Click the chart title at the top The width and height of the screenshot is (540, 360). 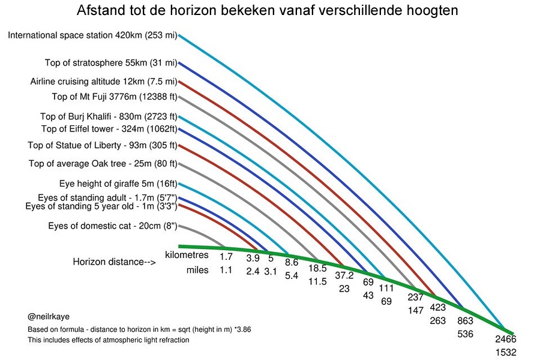[x=270, y=11]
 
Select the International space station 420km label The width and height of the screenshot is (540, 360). [x=92, y=35]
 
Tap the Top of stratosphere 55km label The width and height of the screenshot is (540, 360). [x=111, y=63]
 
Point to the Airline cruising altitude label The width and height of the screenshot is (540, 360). [x=104, y=82]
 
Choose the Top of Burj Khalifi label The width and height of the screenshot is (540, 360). [x=110, y=116]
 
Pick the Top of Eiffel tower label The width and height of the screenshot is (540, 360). [x=109, y=129]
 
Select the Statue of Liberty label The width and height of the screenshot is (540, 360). [x=103, y=145]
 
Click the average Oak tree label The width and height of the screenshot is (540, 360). [x=103, y=164]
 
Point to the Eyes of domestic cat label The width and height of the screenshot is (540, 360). [x=113, y=226]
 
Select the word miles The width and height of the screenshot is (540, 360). [x=197, y=270]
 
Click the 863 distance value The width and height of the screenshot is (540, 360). [x=466, y=321]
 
